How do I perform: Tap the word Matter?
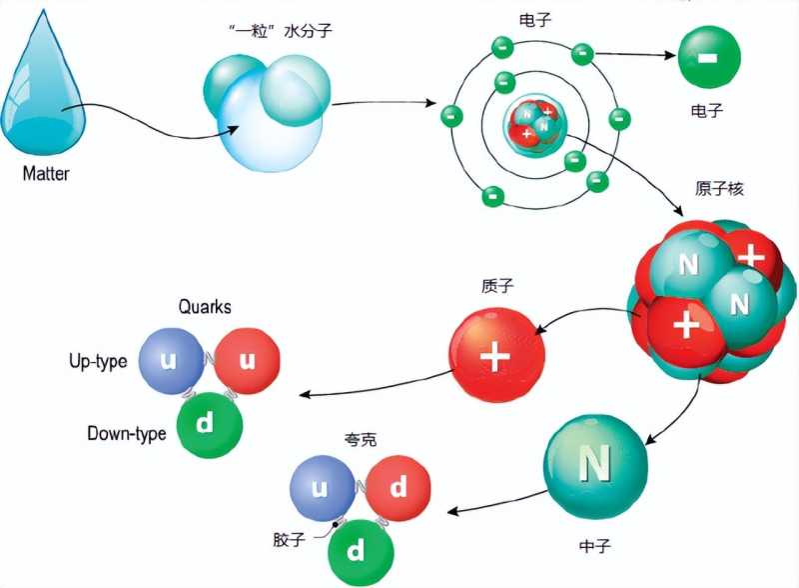[46, 174]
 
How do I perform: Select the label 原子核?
[719, 189]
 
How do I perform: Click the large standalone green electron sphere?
[709, 57]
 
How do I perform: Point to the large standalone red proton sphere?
[496, 355]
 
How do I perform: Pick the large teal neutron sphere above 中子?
[595, 466]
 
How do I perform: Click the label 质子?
[497, 286]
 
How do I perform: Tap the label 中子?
[594, 546]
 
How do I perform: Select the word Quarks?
[205, 307]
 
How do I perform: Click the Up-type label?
[98, 361]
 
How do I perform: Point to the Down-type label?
[127, 433]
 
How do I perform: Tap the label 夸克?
[361, 439]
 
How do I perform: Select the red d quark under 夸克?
[398, 488]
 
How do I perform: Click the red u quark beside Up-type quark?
[247, 361]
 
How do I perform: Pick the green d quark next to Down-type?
[210, 425]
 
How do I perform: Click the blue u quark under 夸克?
[323, 488]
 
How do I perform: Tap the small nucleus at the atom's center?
[535, 125]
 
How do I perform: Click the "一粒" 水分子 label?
[281, 31]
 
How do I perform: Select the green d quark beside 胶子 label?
[361, 552]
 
